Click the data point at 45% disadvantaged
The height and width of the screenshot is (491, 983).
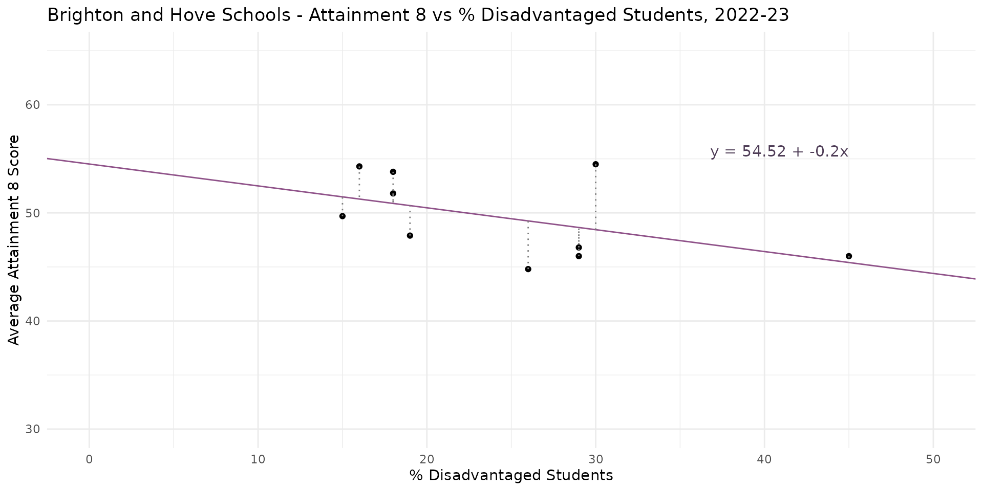point(848,256)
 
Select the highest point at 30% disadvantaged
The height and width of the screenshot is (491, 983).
point(595,164)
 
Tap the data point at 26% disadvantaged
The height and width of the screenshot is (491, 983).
point(528,269)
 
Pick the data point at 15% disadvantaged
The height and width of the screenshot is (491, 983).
point(343,216)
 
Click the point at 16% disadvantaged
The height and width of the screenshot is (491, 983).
point(359,166)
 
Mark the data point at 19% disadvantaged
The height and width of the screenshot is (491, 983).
point(410,235)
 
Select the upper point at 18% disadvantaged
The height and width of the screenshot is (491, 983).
point(393,172)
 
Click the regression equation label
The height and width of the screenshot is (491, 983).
point(779,152)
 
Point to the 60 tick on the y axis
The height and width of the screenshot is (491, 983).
point(32,105)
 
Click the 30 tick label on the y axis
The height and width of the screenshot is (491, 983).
point(32,429)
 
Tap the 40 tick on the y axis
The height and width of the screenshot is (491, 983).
point(32,321)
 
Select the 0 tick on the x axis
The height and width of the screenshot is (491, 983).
point(90,460)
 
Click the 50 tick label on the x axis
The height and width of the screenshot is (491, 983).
point(933,460)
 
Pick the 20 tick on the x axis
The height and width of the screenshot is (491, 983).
point(427,460)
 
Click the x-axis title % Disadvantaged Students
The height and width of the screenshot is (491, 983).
point(511,476)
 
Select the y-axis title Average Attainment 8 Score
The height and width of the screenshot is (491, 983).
point(14,240)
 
